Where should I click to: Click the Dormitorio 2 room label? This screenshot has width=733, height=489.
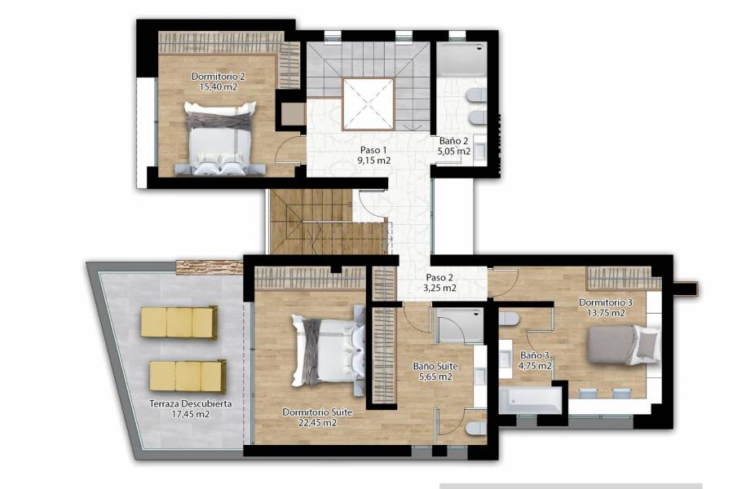point(218,76)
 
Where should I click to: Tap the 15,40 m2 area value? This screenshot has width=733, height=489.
point(218,86)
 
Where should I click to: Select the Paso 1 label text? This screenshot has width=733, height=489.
point(373,150)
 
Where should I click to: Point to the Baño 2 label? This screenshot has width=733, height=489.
point(454,140)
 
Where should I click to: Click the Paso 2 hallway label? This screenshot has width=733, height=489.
point(440,277)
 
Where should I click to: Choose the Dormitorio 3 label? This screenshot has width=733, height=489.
point(602,302)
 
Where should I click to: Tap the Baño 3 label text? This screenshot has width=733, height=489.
point(536,355)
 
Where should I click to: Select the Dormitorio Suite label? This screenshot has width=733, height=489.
point(317,412)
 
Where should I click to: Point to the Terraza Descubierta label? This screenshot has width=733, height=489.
point(191,403)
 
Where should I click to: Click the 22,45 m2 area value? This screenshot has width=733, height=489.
point(317,422)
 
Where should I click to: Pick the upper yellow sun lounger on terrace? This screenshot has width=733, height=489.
point(179,322)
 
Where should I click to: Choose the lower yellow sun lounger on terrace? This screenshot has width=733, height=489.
point(187,377)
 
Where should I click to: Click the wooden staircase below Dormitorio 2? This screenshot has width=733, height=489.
point(326,222)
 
